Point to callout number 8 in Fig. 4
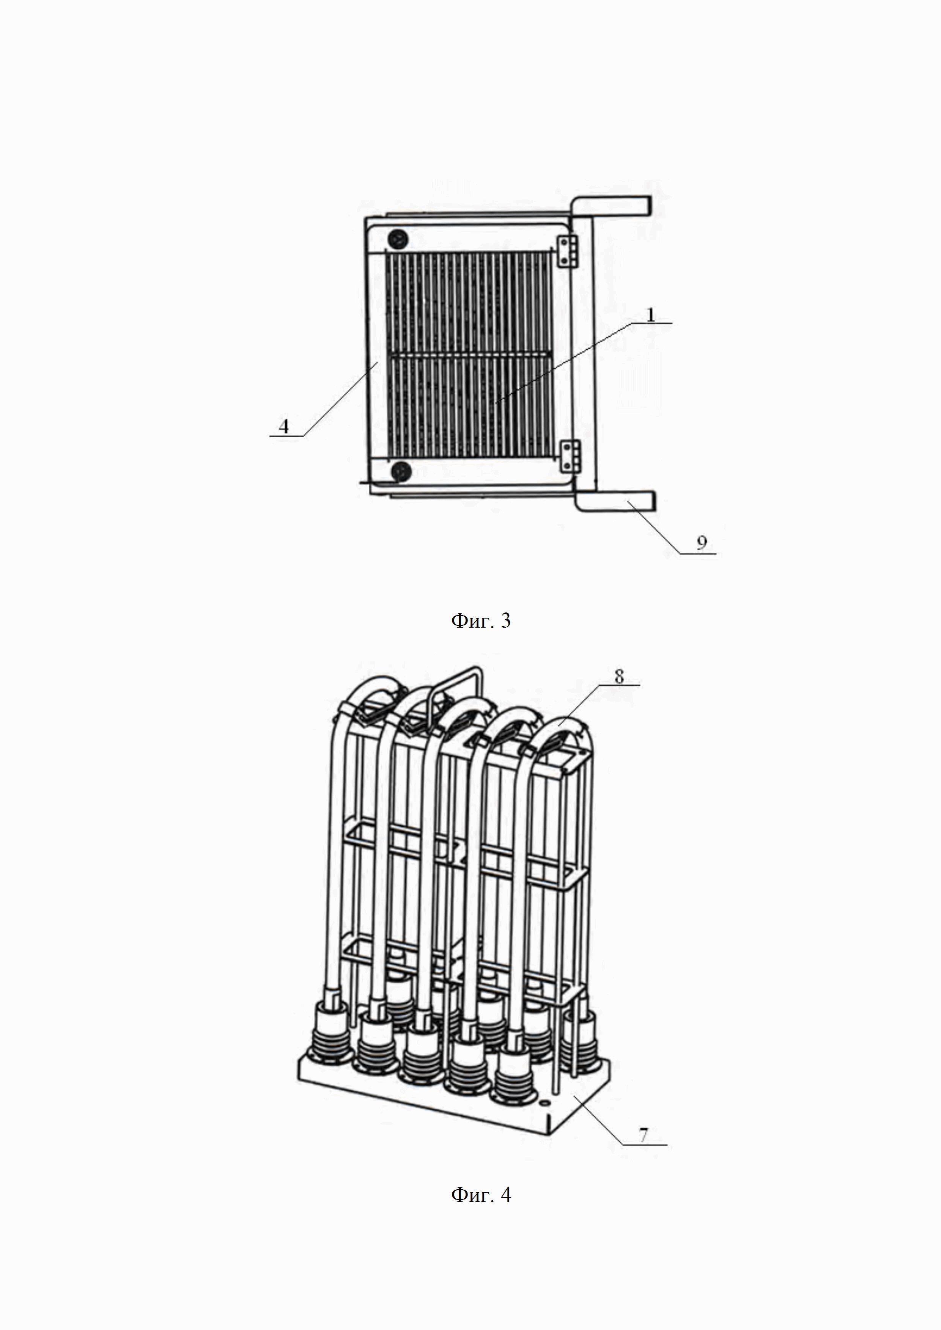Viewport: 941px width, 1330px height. coord(619,676)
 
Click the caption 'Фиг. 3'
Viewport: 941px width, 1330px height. coord(481,621)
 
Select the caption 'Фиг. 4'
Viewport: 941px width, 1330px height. coord(481,1195)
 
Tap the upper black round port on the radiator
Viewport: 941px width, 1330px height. coord(398,238)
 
